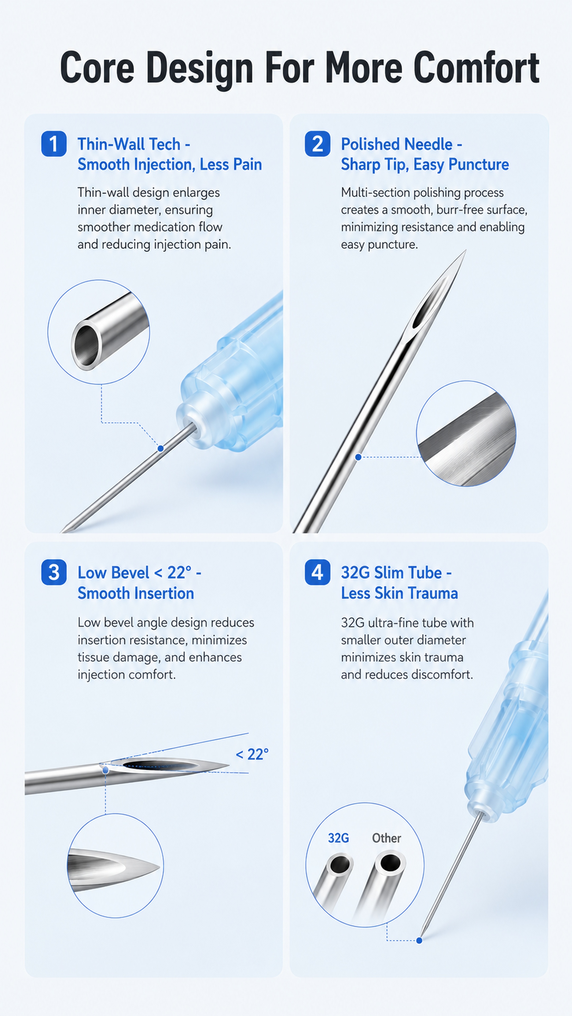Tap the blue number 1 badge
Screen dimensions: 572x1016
tap(54, 144)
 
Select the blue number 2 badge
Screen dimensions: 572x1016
tap(318, 144)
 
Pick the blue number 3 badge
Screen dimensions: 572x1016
tap(54, 572)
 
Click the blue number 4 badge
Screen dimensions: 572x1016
tap(318, 572)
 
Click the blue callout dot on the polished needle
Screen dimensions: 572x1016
tap(358, 457)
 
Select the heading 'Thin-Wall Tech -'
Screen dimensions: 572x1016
tap(134, 144)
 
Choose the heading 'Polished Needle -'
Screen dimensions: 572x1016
tap(401, 144)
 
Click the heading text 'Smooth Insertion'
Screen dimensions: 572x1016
tap(136, 593)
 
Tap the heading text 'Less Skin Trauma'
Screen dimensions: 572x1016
tap(400, 593)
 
